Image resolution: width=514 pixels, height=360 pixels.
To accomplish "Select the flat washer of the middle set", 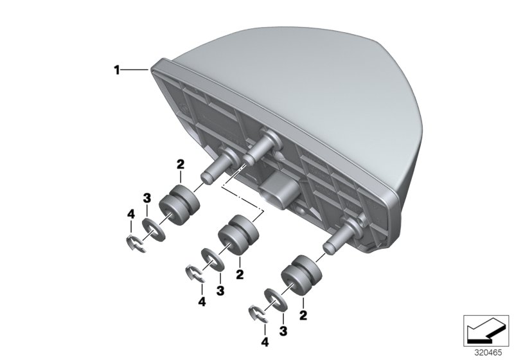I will point(212,260).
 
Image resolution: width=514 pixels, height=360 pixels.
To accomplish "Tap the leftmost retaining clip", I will point(134,243).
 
